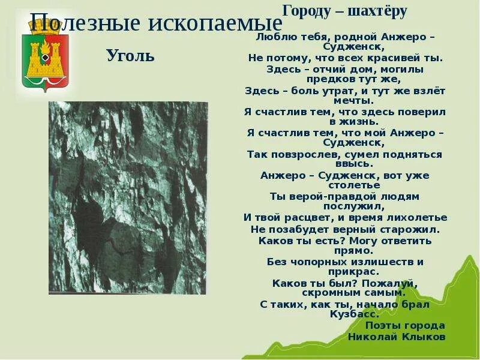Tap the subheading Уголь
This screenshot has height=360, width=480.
(130, 56)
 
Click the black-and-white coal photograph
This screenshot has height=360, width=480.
(128, 197)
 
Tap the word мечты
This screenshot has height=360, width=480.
(346, 100)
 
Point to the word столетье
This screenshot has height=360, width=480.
(346, 186)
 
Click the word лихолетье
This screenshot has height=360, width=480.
(417, 217)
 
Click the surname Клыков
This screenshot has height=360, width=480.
(422, 337)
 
